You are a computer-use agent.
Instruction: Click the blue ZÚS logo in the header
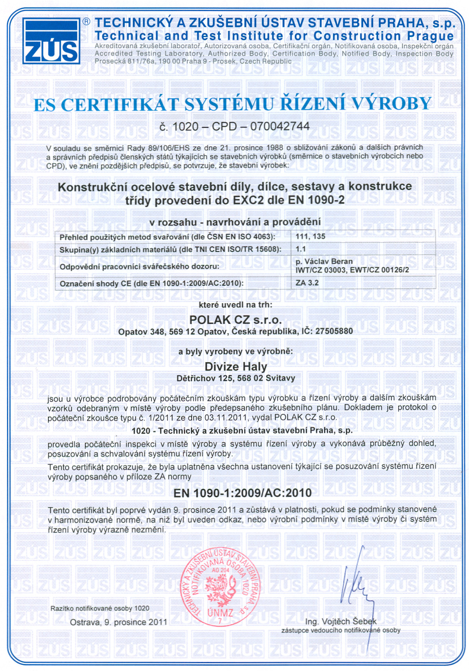pyautogui.click(x=51, y=41)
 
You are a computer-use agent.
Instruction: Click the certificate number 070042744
pyautogui.click(x=280, y=126)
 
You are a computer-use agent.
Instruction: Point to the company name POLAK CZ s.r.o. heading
pyautogui.click(x=235, y=319)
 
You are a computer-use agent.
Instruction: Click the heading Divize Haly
pyautogui.click(x=236, y=367)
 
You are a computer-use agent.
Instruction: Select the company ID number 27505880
pyautogui.click(x=334, y=331)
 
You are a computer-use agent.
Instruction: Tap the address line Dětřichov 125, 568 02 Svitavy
pyautogui.click(x=236, y=378)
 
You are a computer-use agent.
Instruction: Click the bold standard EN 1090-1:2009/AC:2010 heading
pyautogui.click(x=242, y=493)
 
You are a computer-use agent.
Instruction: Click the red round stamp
pyautogui.click(x=220, y=587)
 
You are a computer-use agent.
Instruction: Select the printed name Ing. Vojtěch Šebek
pyautogui.click(x=341, y=621)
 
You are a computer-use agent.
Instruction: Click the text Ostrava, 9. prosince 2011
pyautogui.click(x=119, y=622)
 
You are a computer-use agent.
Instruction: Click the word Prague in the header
pyautogui.click(x=430, y=36)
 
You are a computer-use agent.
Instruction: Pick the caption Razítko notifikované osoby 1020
pyautogui.click(x=100, y=608)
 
